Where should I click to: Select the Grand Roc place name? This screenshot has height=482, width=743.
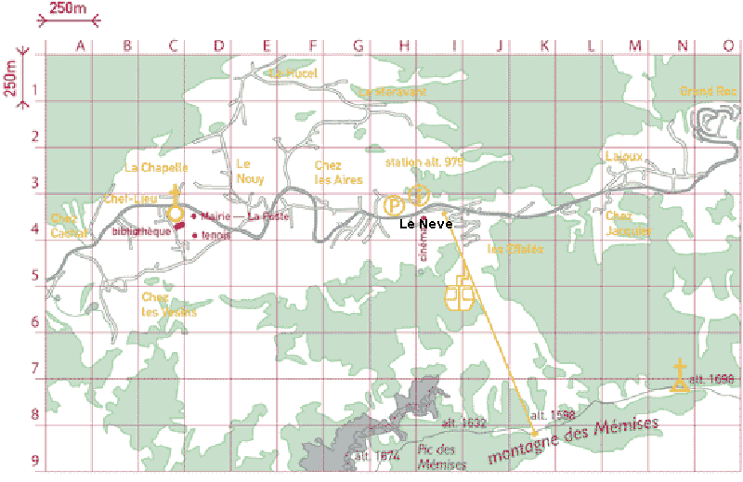click(x=708, y=91)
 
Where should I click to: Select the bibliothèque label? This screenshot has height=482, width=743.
click(x=142, y=231)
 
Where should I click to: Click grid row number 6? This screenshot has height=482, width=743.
click(x=34, y=321)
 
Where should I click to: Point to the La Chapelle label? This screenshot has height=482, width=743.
click(x=156, y=168)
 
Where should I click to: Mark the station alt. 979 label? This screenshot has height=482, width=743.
click(x=424, y=162)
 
